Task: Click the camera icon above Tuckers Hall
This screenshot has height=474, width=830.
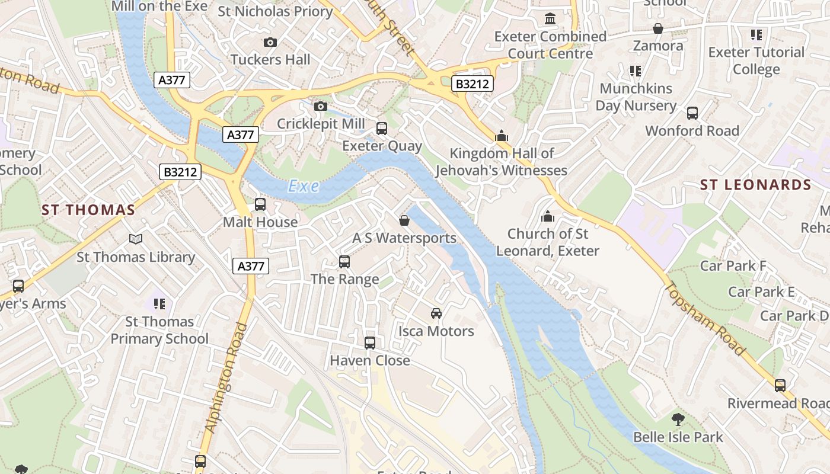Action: coord(270,42)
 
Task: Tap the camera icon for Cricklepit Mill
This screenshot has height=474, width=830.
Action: coord(320,106)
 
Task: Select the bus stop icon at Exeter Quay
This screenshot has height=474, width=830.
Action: coord(382,128)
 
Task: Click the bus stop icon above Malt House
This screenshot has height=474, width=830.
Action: coord(260,204)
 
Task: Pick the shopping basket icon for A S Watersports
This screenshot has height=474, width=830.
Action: coord(404,220)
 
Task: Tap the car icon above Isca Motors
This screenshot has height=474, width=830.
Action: coord(436,313)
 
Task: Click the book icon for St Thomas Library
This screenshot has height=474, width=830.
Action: coord(136,239)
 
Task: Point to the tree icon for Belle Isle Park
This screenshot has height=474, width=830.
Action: coord(678,419)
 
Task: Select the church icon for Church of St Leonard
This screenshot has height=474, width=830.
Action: coord(548,216)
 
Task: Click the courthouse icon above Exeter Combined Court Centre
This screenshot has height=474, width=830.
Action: coord(550,19)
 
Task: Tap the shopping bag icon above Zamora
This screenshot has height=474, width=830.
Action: coord(657,28)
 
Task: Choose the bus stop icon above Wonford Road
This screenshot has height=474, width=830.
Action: coord(692,113)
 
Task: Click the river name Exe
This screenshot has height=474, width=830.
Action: coord(304,187)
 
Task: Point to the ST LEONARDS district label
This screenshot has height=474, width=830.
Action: coord(755,185)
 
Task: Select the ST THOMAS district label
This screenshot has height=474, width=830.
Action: coord(88,210)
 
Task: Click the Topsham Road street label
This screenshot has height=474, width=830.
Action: coord(705,319)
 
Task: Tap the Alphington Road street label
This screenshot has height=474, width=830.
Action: coord(225,377)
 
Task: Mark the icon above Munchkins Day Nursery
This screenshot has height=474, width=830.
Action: coord(636,71)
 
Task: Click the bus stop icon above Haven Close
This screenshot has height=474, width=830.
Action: coord(369,342)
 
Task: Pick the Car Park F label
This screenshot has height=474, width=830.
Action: coord(733,266)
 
